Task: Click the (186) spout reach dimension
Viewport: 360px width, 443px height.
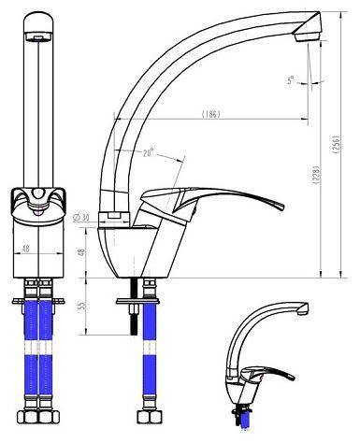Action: [211, 114]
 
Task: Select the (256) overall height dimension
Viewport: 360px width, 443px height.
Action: [336, 144]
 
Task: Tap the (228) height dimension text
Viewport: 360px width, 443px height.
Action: [316, 176]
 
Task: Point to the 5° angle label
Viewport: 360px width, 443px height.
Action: [291, 80]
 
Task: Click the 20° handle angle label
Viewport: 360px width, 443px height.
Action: [149, 153]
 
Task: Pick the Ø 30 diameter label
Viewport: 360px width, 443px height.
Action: [80, 217]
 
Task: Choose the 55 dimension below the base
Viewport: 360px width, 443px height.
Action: [81, 306]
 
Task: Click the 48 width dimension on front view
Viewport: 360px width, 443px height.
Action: [25, 249]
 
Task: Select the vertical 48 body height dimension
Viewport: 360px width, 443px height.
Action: [80, 252]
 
